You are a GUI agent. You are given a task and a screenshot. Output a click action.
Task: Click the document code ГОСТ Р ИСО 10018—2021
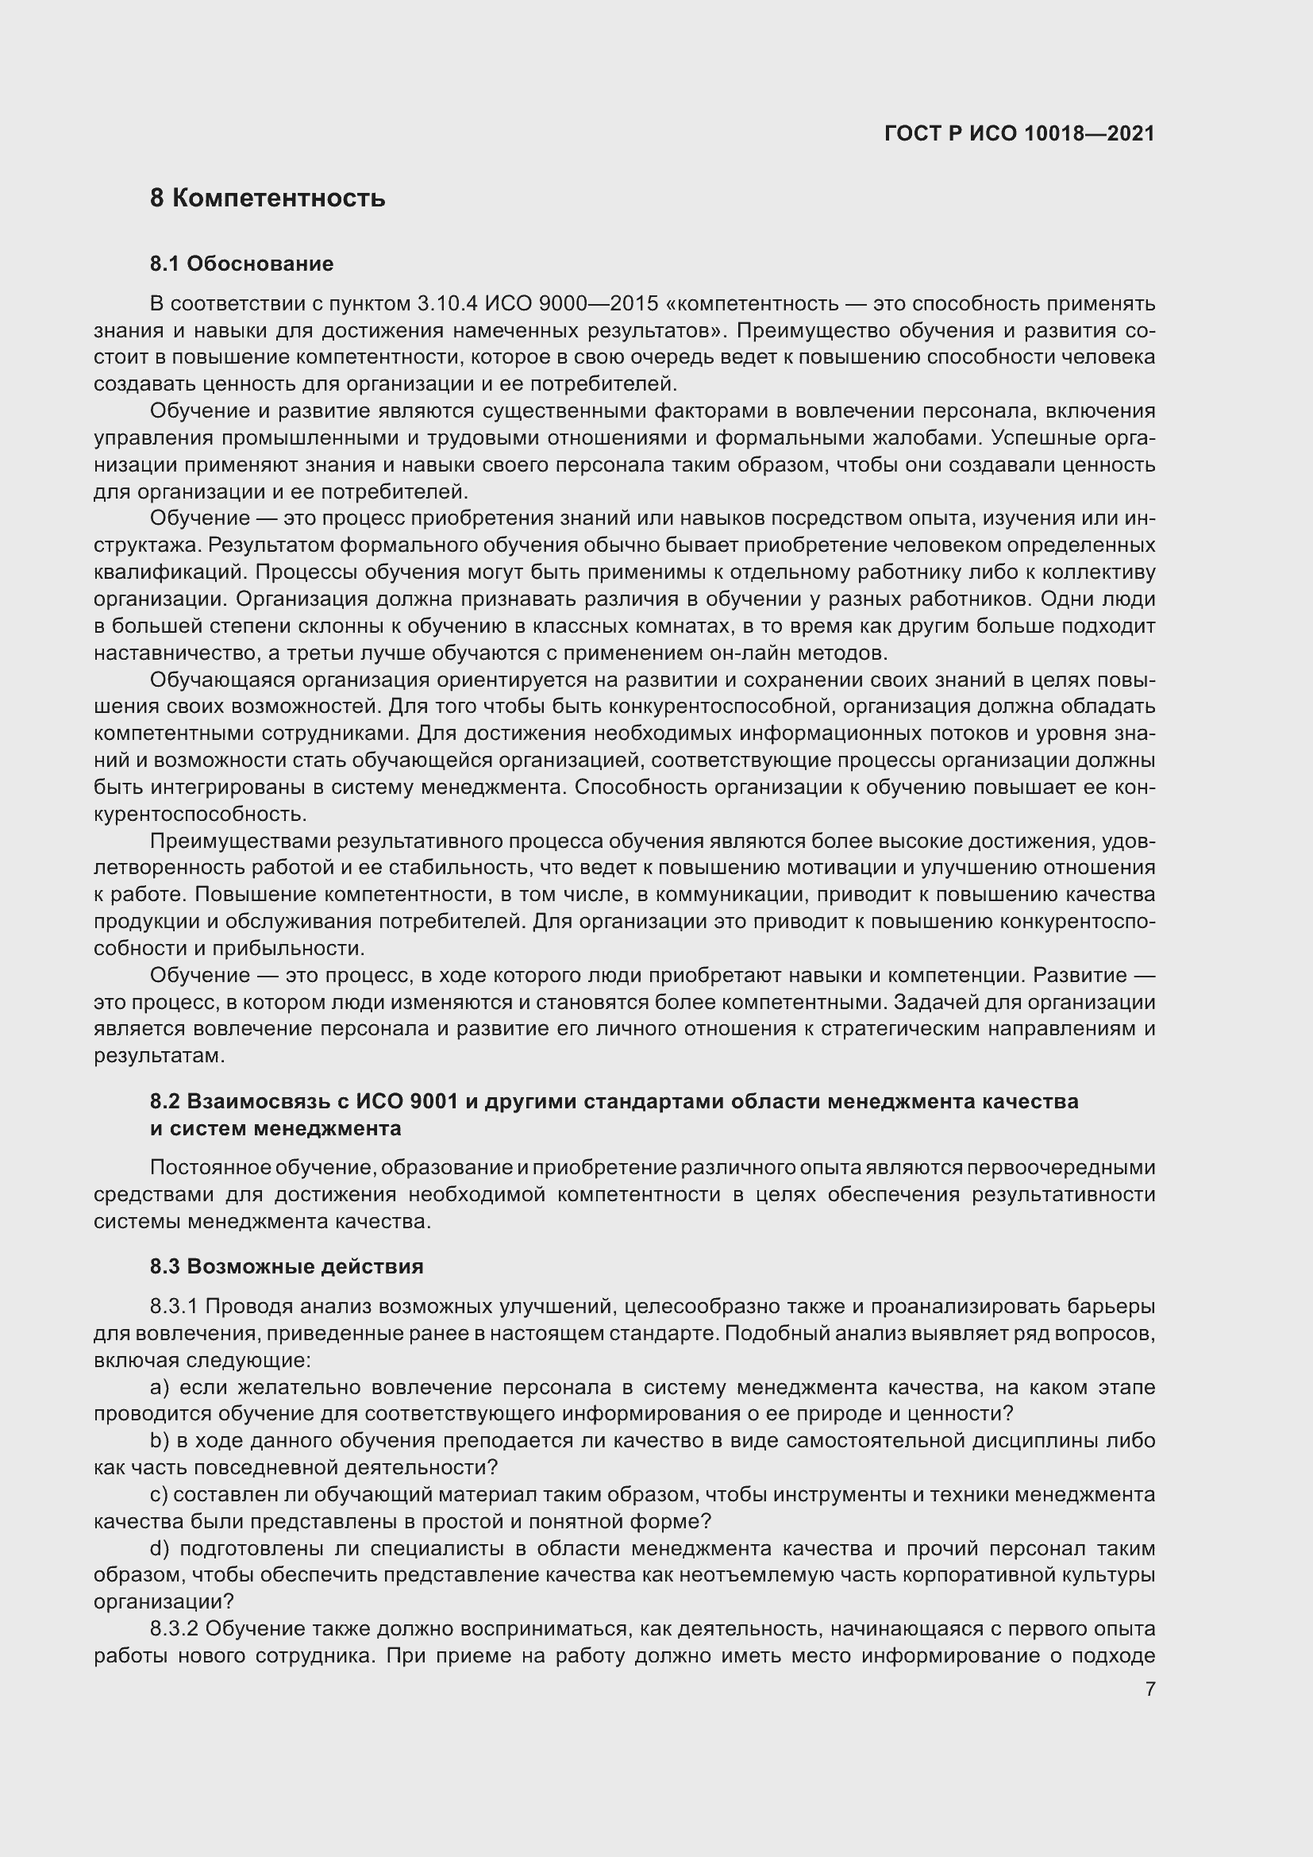[x=1018, y=133]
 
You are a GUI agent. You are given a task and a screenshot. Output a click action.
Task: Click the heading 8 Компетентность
[x=268, y=198]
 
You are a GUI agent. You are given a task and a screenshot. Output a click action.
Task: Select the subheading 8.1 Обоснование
[x=242, y=264]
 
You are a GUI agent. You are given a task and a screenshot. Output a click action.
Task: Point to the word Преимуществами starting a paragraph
[x=240, y=841]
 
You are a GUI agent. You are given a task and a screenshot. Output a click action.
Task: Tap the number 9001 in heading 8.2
[x=434, y=1102]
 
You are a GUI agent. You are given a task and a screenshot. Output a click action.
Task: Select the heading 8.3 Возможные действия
[x=287, y=1266]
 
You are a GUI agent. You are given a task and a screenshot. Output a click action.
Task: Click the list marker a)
[x=160, y=1387]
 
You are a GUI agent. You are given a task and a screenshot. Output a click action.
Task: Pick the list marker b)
[x=160, y=1440]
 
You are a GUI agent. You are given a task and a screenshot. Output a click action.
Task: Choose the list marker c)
[x=159, y=1495]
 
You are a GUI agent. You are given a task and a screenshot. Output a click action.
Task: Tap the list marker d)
[x=160, y=1548]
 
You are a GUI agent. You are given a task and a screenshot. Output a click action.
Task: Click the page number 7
[x=1149, y=1689]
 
